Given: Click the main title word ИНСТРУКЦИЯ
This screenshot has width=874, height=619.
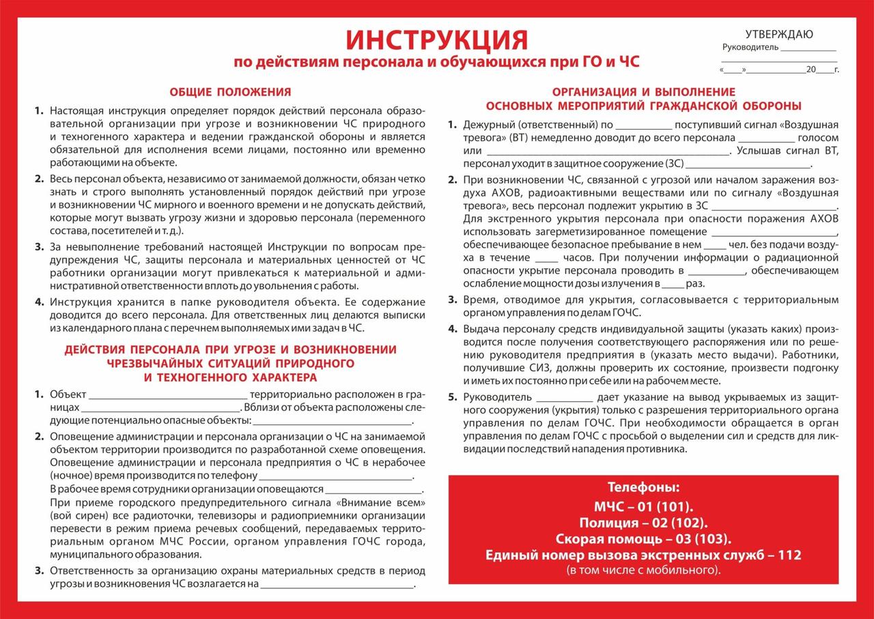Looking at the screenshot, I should pos(436,40).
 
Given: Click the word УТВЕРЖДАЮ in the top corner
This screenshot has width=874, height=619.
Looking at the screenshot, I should pos(779,35).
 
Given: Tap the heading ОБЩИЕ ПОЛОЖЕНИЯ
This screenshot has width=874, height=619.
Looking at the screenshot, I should pos(230,91).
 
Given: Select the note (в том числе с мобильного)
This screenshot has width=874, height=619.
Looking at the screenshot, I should pos(643,569).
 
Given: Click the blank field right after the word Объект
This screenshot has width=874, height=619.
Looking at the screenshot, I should pos(168,394).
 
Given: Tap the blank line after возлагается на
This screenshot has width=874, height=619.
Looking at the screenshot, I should pos(337,585).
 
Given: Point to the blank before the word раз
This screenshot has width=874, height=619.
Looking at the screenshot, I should pos(673,283).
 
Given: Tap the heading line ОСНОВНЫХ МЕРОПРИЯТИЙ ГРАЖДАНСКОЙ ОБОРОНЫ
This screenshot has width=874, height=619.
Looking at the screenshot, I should pos(643,106).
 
